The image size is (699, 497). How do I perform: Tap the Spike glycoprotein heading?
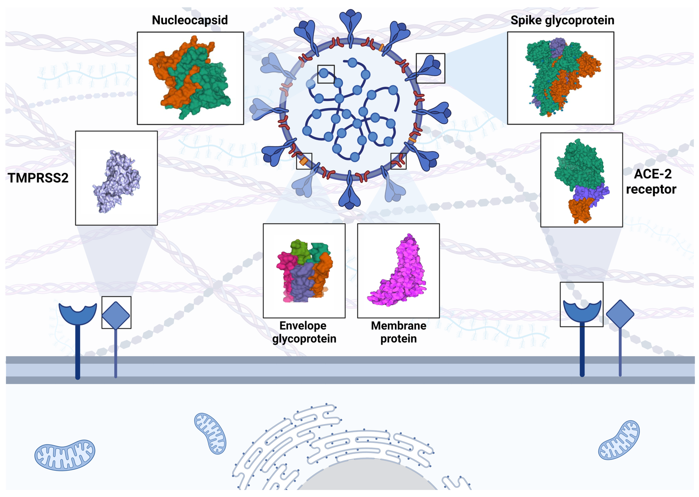pyautogui.click(x=562, y=20)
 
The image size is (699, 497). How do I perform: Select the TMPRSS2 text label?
pyautogui.click(x=38, y=178)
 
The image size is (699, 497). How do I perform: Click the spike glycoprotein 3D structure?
pyautogui.click(x=559, y=78)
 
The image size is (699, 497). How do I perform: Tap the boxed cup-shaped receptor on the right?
pyautogui.click(x=582, y=311)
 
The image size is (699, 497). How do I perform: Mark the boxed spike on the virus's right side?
pyautogui.click(x=430, y=68)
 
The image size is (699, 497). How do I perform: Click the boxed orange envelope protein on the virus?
pyautogui.click(x=304, y=161)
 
